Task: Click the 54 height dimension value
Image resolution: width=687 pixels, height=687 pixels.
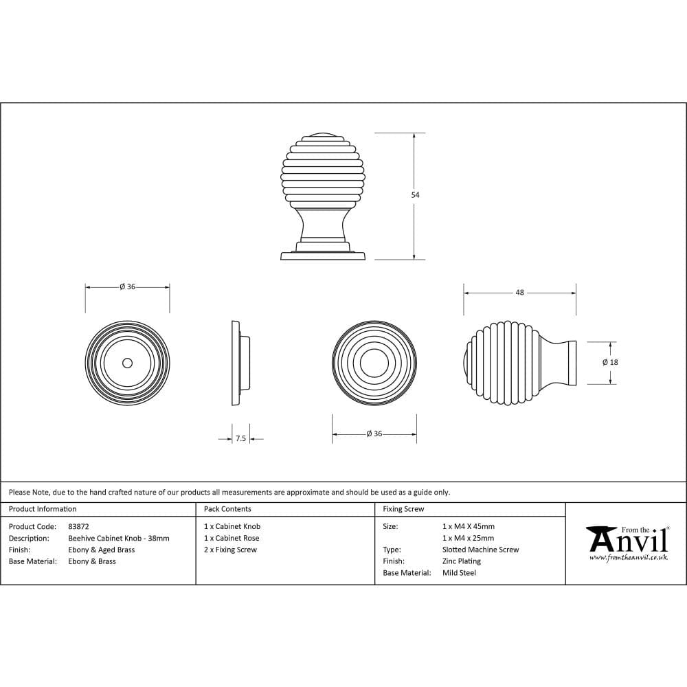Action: [x=415, y=195]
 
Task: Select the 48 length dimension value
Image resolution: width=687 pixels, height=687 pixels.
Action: [x=519, y=293]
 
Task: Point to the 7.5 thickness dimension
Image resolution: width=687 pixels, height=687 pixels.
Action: [x=240, y=438]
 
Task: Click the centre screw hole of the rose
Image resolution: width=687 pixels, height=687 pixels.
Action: [x=127, y=362]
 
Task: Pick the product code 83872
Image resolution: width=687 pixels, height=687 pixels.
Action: [x=79, y=526]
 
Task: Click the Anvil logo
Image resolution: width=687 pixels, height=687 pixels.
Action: [x=627, y=539]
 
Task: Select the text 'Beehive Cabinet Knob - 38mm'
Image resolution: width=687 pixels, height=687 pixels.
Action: [x=118, y=538]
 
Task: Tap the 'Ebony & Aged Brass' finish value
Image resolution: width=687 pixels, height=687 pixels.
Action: [x=102, y=550]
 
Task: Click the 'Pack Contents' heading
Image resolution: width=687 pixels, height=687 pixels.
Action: [x=227, y=509]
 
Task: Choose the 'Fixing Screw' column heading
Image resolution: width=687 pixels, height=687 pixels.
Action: [x=403, y=509]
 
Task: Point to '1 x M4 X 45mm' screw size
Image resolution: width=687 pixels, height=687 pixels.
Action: [x=468, y=526]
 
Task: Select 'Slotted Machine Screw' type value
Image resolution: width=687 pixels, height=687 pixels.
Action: [x=480, y=550]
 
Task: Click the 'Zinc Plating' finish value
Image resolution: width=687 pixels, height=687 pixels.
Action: [x=462, y=561]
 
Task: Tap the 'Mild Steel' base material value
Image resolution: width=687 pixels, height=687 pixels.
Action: [x=459, y=572]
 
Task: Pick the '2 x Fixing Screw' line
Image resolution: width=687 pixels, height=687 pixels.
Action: [x=230, y=550]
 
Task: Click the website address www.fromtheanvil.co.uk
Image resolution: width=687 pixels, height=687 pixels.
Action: [x=628, y=557]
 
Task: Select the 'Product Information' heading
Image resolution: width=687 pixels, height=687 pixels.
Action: [x=43, y=509]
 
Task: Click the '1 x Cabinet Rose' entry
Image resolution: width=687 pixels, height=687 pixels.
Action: [x=232, y=538]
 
